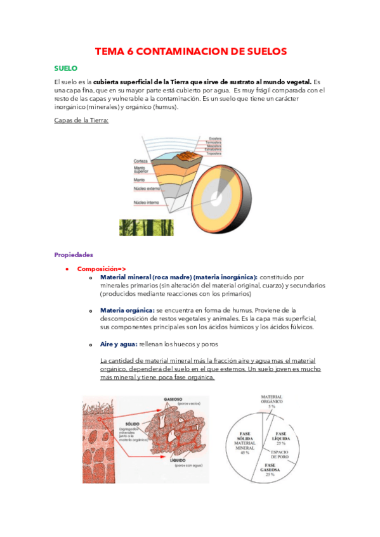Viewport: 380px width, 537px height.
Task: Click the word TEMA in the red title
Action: [x=108, y=51]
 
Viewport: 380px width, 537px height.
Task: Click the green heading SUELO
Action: [x=66, y=68]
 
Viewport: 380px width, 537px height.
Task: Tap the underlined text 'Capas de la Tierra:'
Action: [x=82, y=120]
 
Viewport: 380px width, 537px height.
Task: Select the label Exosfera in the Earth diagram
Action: [x=216, y=137]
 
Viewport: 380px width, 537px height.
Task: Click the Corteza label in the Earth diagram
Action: [x=141, y=161]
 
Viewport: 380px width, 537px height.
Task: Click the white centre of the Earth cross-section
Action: [x=217, y=198]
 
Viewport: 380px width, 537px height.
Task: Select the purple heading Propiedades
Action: [x=74, y=255]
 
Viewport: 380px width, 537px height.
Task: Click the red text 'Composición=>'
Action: [x=102, y=268]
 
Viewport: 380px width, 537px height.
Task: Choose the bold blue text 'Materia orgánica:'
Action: [x=127, y=310]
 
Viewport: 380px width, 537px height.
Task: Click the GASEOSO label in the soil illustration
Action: [x=173, y=400]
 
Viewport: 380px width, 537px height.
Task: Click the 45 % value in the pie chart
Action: [x=244, y=453]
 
